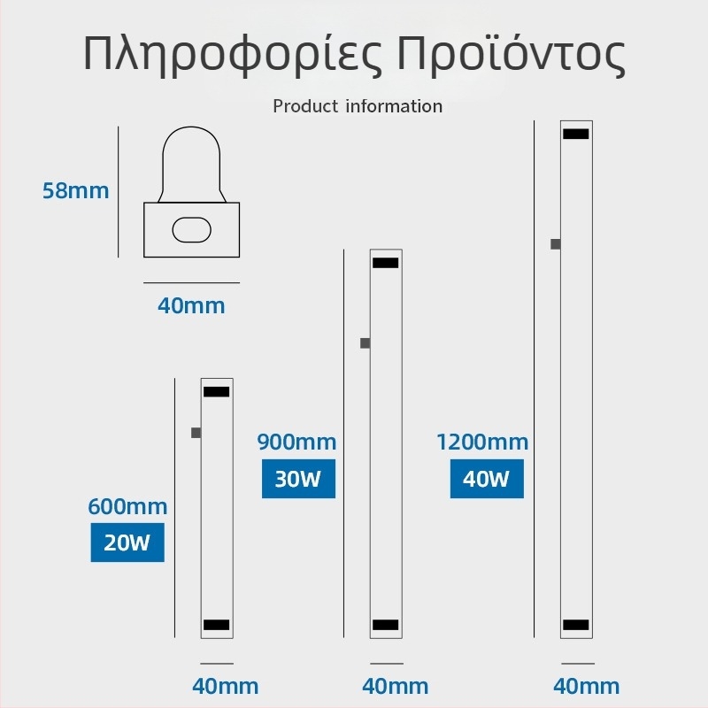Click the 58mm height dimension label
pos(76,190)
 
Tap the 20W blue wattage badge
pos(127,543)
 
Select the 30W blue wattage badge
pos(298,479)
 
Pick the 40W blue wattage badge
pos(487,479)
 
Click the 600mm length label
pos(127,506)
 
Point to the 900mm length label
pos(296,442)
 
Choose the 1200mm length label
pos(482,442)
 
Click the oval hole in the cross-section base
pos(191,230)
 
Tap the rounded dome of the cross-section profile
pos(191,135)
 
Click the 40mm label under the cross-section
pos(191,305)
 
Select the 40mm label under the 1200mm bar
pos(586,687)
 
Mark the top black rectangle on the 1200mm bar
pos(576,135)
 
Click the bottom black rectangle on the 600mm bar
pos(216,625)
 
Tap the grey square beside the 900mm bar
pos(366,343)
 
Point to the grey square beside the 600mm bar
pos(196,433)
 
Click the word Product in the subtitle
pos(305,106)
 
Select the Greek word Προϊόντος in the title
pos(511,53)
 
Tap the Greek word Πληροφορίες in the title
pos(233,54)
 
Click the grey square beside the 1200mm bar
pos(556,244)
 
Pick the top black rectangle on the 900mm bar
pos(386,263)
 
